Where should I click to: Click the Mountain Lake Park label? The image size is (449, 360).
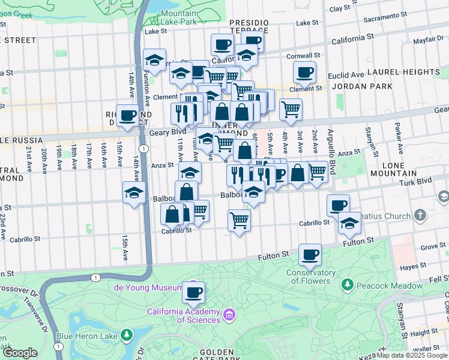[179, 17]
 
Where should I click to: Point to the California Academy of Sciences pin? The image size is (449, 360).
[229, 315]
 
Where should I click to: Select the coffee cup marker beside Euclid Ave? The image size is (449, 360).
[304, 72]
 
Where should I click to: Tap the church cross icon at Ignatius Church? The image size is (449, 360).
[420, 214]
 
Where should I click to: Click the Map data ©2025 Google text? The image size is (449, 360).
[412, 355]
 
